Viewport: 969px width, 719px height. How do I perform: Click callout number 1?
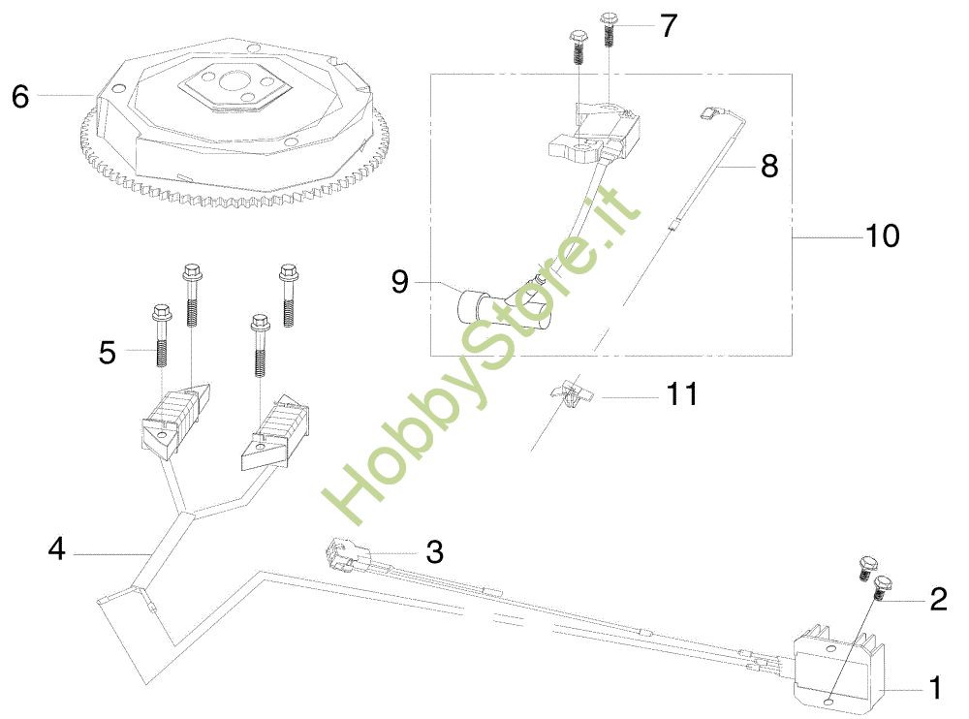[x=935, y=689]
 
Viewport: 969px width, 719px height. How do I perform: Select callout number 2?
[x=938, y=600]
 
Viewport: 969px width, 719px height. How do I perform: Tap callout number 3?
[x=435, y=552]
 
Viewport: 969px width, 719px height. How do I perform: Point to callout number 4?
[x=56, y=549]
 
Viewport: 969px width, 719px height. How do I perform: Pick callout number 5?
[x=107, y=352]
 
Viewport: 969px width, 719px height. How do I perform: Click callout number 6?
[x=21, y=96]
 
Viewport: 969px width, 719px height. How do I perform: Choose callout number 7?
[x=668, y=26]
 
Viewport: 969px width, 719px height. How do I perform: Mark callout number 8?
[x=769, y=166]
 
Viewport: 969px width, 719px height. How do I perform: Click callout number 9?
[x=400, y=282]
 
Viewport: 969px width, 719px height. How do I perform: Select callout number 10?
[x=882, y=235]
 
